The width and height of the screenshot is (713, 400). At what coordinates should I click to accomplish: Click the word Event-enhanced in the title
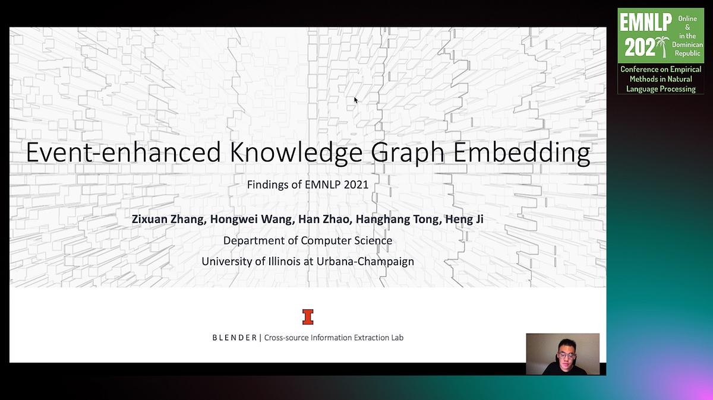tap(124, 153)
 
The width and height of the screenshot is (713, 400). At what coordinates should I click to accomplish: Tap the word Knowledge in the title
tap(296, 153)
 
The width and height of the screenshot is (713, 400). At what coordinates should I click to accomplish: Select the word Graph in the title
tap(408, 153)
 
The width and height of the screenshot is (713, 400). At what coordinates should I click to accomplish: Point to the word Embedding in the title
tap(522, 153)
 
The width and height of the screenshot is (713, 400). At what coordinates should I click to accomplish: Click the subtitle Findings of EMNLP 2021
tap(308, 185)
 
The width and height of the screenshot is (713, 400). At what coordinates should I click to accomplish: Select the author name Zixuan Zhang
tap(168, 219)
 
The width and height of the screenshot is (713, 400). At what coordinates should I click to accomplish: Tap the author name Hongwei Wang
tap(252, 219)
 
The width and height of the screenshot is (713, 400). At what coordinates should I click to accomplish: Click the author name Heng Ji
tap(464, 219)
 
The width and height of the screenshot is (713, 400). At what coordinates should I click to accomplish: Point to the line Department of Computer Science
tap(308, 241)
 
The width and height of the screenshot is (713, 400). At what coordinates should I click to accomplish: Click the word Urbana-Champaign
tap(365, 262)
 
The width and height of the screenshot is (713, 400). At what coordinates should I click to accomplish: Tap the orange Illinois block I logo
tap(308, 317)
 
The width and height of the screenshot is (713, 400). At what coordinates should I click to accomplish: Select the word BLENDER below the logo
tap(235, 338)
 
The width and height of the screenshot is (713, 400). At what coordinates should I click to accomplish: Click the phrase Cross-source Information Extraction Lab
tap(333, 338)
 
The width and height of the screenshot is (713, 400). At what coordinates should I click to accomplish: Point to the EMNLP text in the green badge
tap(645, 23)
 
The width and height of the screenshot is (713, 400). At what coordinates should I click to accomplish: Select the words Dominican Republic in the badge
tap(687, 49)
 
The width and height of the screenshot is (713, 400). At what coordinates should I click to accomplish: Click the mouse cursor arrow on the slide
tap(356, 100)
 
